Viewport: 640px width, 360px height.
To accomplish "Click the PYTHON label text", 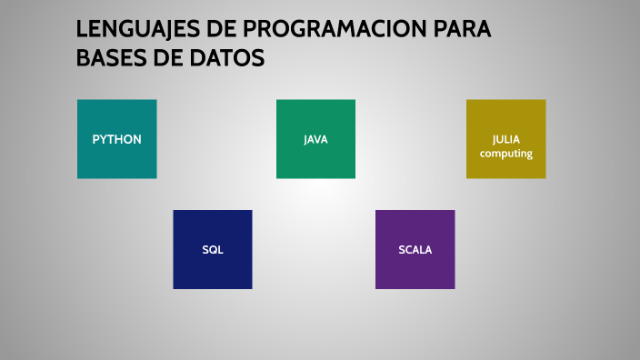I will coord(116,140).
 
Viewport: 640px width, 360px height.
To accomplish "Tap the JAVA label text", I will coord(315,140).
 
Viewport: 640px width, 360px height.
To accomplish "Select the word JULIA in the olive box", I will coord(506,140).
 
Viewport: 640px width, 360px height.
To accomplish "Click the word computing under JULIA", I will coord(506,154).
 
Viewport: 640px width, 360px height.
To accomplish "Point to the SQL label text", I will coord(212,250).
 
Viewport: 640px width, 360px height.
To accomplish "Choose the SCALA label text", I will coord(415,250).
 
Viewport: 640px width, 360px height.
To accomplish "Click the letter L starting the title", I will coord(82,30).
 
